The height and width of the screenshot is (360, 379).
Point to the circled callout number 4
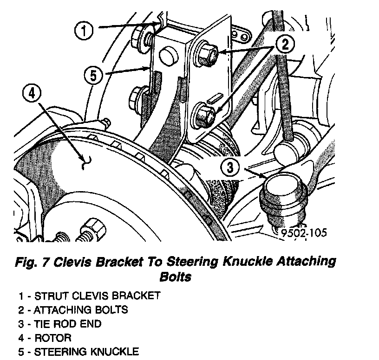coord(32,95)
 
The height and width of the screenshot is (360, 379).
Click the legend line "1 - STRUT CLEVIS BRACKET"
coord(90,296)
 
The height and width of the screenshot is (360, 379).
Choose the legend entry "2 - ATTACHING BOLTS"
coord(73,309)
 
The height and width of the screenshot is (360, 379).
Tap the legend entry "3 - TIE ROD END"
coord(60,324)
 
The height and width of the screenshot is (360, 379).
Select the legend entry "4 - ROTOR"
coord(45,338)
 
